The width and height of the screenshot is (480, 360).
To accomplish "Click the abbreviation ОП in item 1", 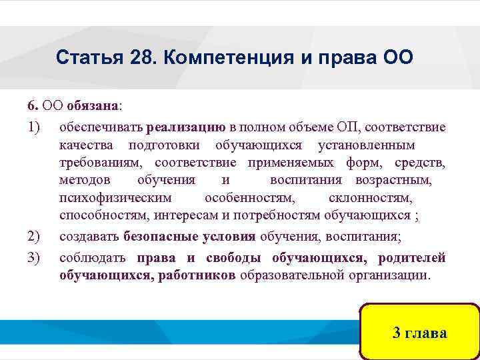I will point(347,126).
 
